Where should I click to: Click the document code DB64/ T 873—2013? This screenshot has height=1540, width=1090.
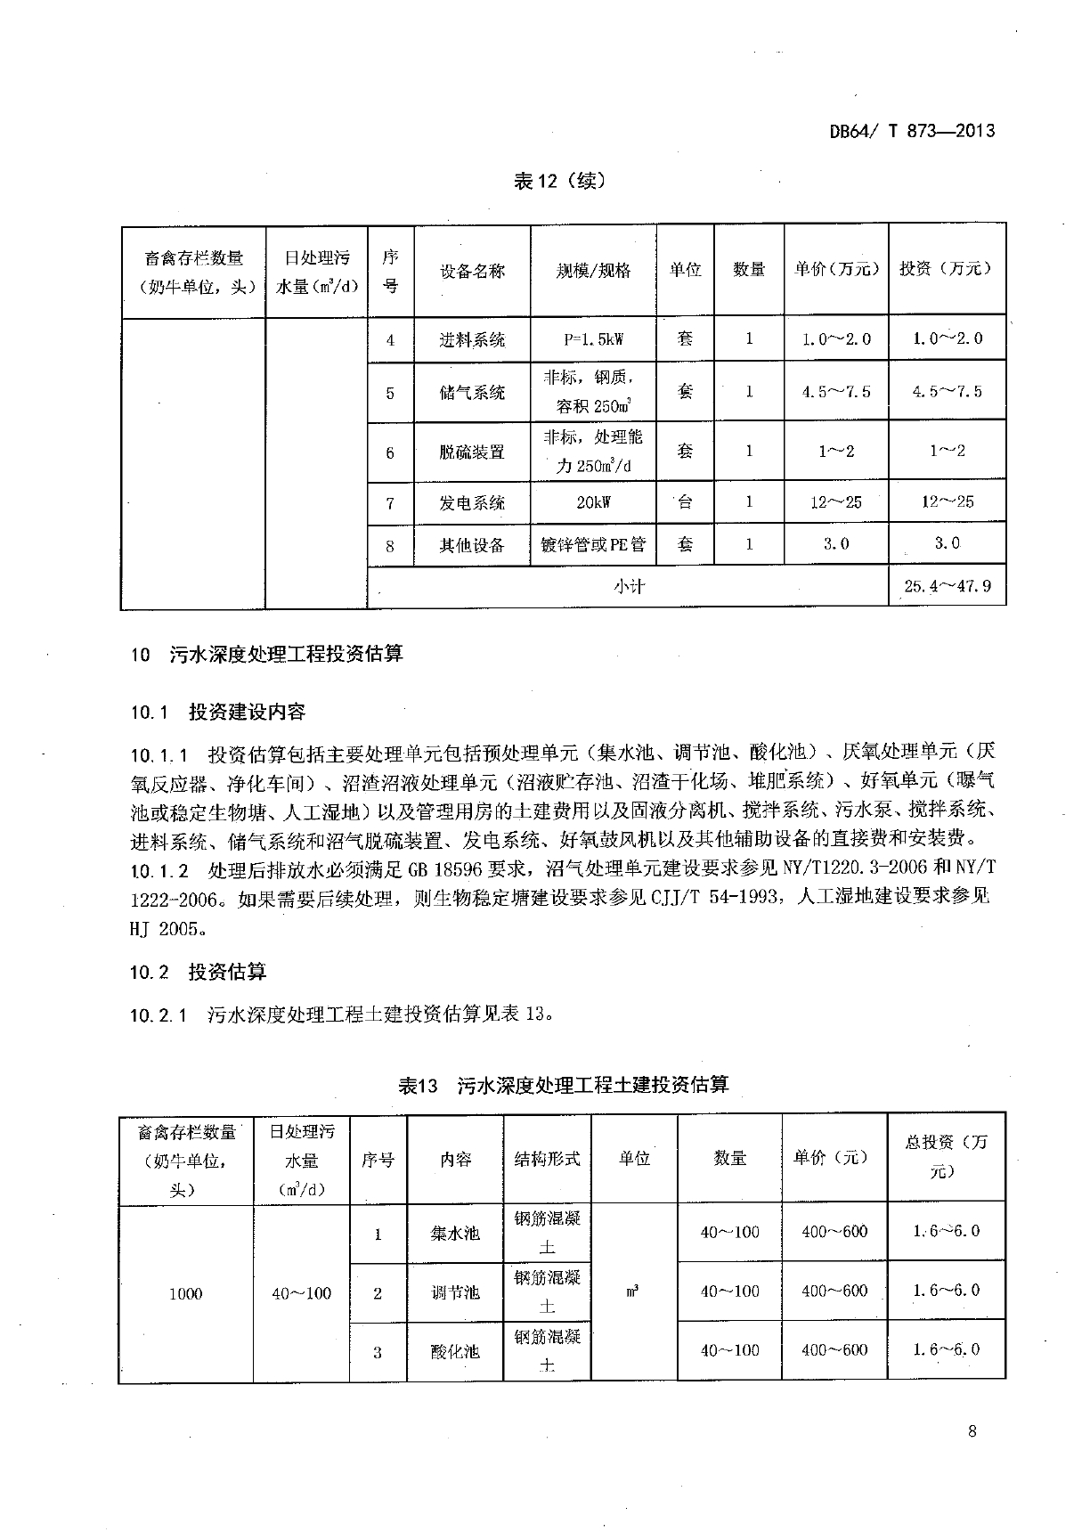(912, 131)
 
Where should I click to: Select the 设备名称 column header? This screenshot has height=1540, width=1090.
(472, 270)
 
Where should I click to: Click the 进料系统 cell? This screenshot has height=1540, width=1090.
(472, 339)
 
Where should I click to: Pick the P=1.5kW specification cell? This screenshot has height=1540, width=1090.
(593, 339)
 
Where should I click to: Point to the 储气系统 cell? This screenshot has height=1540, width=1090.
(472, 392)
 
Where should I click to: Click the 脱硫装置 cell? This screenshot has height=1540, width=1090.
(472, 452)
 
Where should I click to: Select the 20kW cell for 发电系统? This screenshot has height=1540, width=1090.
(593, 502)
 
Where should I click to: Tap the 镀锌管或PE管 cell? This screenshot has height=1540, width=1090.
(593, 544)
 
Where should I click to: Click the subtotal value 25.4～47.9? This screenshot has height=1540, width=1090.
(948, 586)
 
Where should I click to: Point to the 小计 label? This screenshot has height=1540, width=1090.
(628, 586)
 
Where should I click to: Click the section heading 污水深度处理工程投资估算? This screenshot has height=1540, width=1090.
(286, 654)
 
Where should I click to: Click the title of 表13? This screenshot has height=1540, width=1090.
(563, 1085)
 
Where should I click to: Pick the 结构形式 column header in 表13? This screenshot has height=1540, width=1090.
(547, 1159)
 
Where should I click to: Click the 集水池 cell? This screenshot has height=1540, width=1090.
(454, 1234)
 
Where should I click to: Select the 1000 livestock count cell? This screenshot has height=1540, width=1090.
(185, 1293)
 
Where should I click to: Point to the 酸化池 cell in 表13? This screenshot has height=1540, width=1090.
(454, 1351)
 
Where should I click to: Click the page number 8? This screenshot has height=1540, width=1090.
(972, 1431)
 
